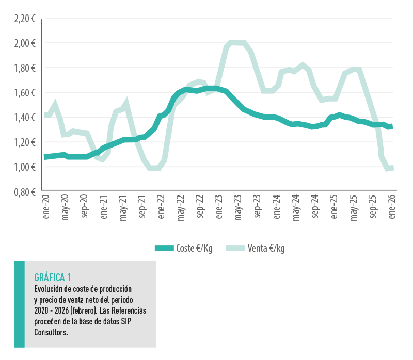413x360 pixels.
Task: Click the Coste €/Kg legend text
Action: (194, 248)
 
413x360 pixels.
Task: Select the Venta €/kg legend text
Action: (266, 248)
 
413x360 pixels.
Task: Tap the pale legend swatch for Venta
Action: (235, 248)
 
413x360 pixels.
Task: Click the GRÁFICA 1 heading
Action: (53, 277)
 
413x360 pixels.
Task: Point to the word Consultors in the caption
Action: (51, 332)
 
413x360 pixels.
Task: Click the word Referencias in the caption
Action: (129, 311)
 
